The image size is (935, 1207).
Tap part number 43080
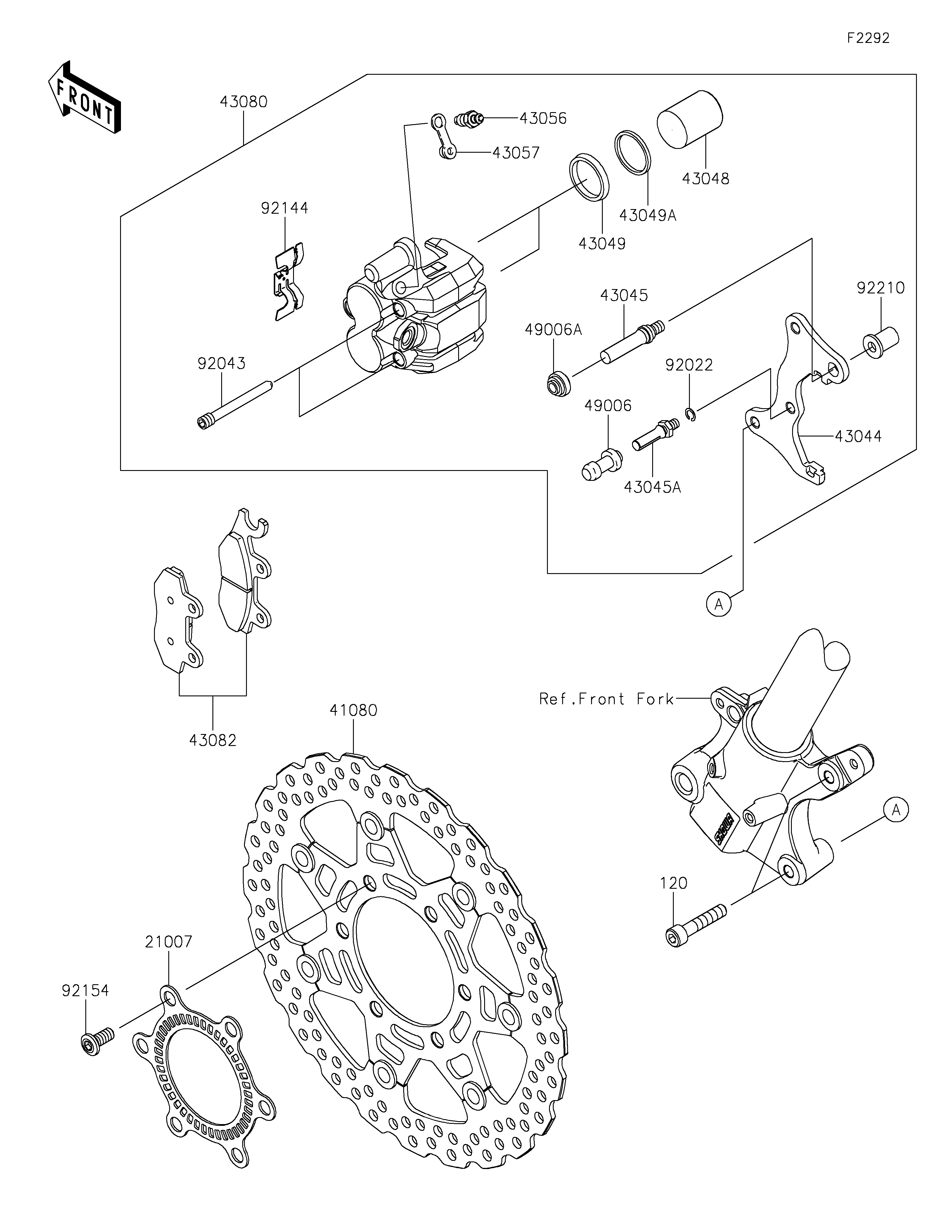243,102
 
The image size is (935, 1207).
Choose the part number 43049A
647,215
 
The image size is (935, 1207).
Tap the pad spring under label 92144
289,281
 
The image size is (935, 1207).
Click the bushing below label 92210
880,343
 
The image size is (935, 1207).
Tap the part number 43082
213,740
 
